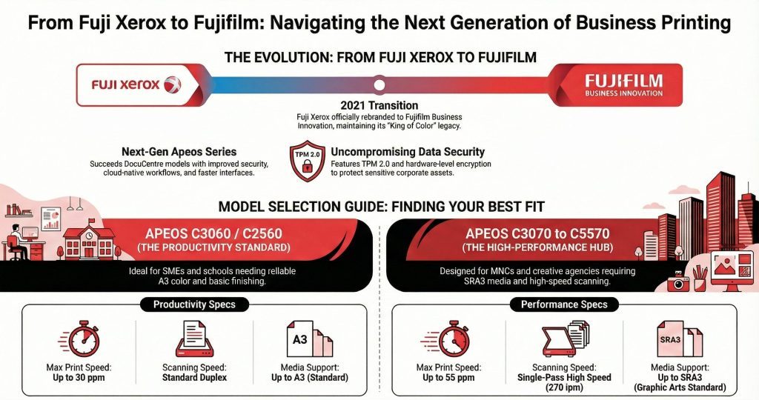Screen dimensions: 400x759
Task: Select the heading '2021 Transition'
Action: [379, 105]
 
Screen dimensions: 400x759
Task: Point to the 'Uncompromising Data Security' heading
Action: [408, 152]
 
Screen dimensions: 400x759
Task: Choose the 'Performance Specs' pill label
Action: [564, 304]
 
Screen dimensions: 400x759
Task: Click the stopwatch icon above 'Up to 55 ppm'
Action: [454, 339]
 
